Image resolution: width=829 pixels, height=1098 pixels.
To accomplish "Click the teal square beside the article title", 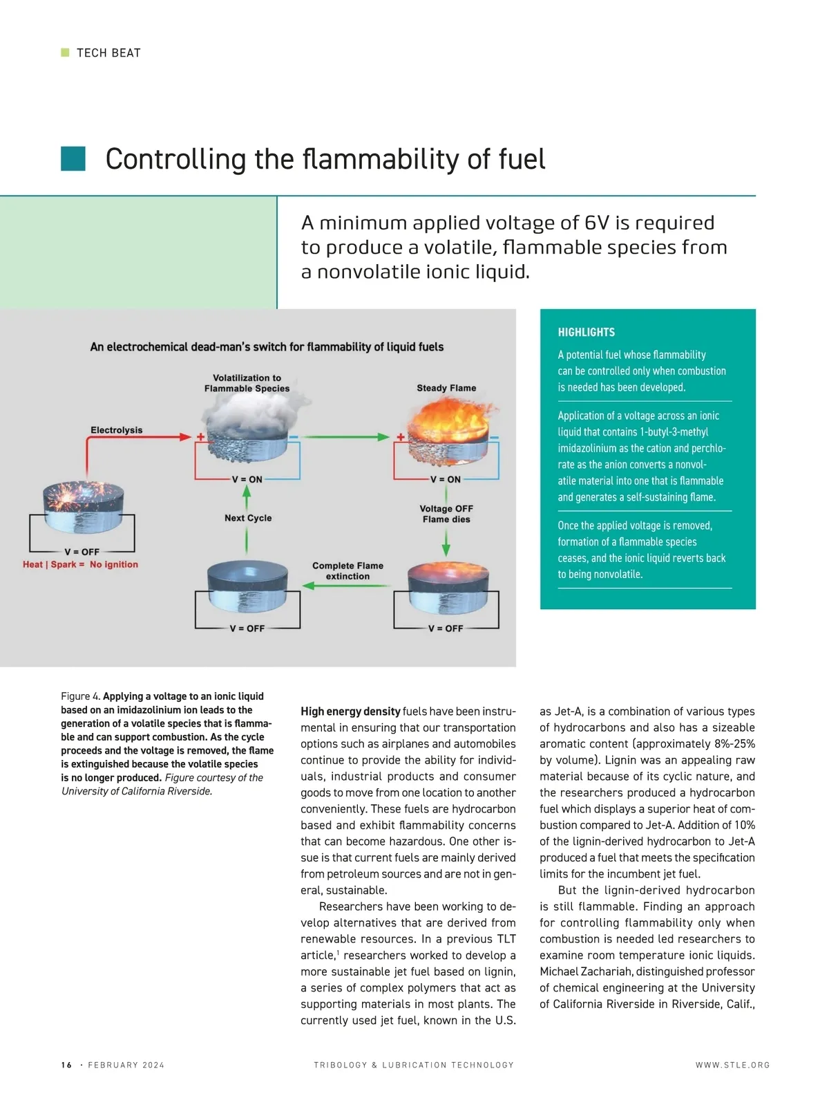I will (73, 158).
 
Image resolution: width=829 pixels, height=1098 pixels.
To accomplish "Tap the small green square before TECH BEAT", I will (66, 53).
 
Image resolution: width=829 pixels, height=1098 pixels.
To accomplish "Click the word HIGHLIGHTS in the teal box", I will (586, 332).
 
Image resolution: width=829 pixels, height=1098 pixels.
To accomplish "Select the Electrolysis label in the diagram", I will (116, 430).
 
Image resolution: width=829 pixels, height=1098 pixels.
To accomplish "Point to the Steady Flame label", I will (446, 388).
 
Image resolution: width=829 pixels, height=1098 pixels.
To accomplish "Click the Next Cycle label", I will (248, 518).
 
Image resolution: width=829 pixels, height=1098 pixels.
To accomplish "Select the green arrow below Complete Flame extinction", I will (347, 586).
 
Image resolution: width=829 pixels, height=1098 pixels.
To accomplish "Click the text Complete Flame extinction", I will (347, 570).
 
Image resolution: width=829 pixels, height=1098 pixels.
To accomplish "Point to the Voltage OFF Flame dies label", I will (446, 514).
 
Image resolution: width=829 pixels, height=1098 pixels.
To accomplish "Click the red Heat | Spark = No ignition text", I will (80, 564).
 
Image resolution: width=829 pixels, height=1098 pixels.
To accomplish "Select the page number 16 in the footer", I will (66, 1065).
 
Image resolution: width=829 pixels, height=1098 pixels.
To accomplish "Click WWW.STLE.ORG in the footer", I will (732, 1065).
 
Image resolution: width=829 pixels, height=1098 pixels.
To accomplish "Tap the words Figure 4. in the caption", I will (81, 696).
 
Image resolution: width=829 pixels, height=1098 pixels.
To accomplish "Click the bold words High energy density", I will (350, 711).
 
